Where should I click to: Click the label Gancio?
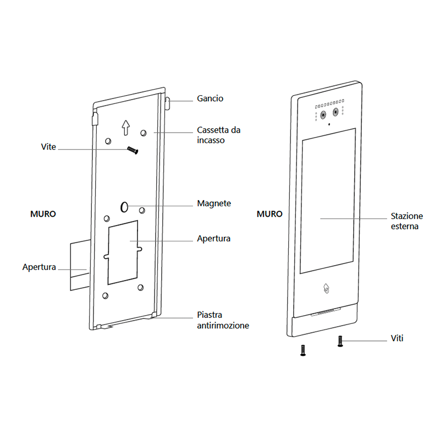pos(210,99)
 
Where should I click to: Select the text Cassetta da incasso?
pos(219,135)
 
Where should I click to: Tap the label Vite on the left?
pos(48,147)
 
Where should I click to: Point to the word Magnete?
pos(214,204)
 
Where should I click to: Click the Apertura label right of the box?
pos(213,239)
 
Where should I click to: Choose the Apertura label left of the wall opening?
pos(39,267)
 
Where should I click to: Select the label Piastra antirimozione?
pos(223,321)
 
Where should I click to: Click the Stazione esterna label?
pos(407,221)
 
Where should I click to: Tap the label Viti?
pos(397,338)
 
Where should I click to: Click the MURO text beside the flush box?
pos(43,214)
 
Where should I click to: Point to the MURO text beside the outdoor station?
pos(270,214)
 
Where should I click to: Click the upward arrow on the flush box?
pos(125,128)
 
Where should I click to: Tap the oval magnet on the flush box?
pos(124,207)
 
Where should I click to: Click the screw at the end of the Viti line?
pos(340,342)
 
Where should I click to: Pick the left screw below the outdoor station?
pos(302,350)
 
